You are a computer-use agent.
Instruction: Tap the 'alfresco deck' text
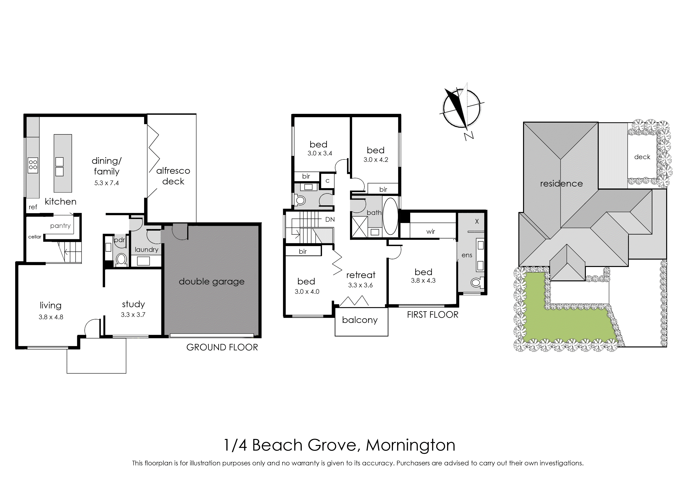point(173,176)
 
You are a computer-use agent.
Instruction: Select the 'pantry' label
point(60,226)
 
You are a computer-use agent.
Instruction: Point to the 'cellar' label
point(35,237)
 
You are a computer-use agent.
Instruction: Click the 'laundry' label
point(146,249)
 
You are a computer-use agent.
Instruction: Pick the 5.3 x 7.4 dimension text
point(107,183)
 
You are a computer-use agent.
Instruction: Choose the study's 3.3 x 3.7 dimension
point(133,315)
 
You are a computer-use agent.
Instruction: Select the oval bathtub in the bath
point(390,216)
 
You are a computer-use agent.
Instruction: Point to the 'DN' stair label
point(330,219)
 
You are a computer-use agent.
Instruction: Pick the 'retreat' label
point(361,275)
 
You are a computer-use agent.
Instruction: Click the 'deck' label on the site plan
point(642,157)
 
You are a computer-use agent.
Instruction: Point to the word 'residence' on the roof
point(561,184)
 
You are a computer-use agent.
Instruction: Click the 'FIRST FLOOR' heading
point(433,315)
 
